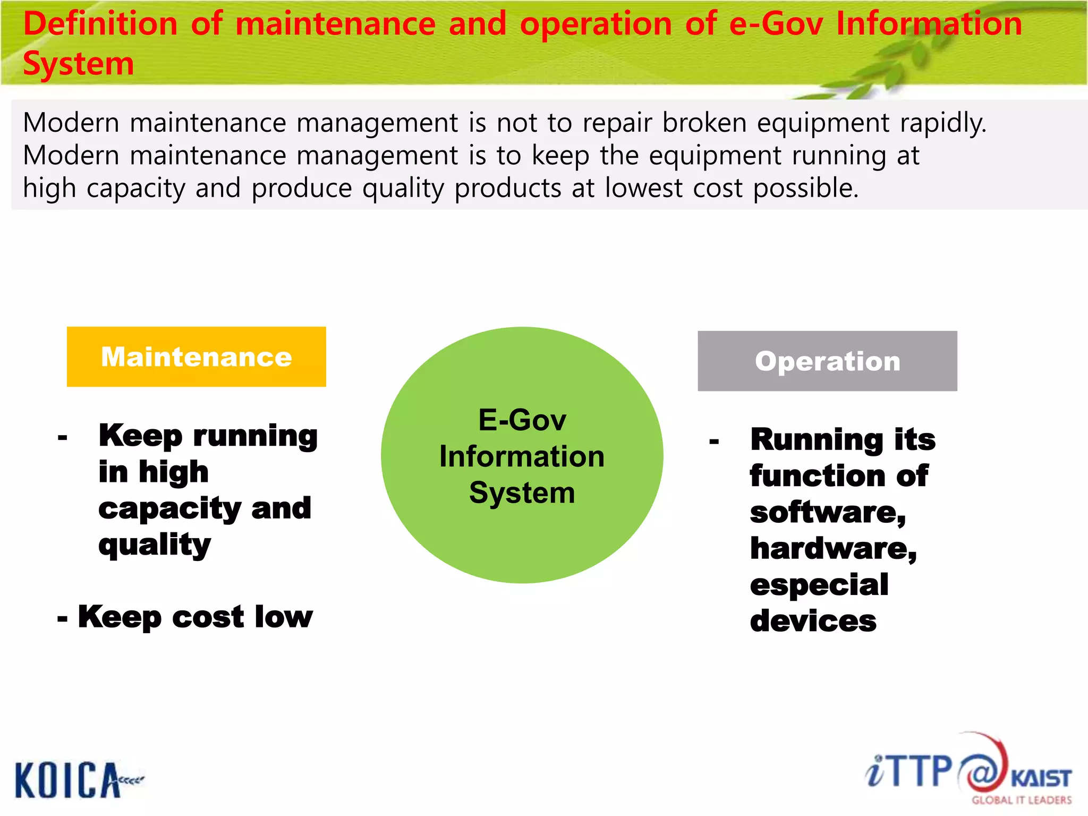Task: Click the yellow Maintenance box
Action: click(196, 356)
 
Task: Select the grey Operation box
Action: click(827, 361)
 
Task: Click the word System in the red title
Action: click(78, 64)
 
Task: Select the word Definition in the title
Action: click(100, 24)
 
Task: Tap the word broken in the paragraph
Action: click(704, 123)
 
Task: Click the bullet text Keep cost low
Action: click(194, 617)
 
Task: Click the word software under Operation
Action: click(827, 513)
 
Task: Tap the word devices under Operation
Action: click(813, 621)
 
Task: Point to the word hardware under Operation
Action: click(832, 549)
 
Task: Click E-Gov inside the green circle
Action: click(522, 420)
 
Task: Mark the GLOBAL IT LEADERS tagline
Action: click(1021, 800)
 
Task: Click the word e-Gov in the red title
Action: click(776, 24)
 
